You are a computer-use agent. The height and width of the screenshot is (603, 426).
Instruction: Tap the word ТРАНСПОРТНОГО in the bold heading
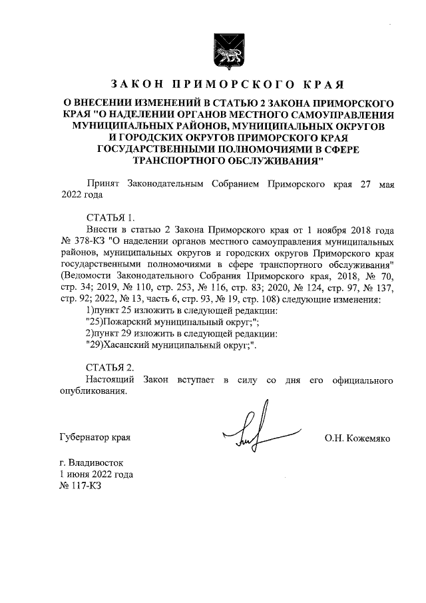pos(177,161)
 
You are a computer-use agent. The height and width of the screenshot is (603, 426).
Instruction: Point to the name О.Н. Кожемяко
pos(357,438)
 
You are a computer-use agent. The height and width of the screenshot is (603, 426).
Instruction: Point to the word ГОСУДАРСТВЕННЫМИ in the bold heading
pos(158,151)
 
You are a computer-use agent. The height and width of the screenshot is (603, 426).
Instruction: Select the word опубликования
pos(93,392)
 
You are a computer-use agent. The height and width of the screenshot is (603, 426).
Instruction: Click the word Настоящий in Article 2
pos(110,380)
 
